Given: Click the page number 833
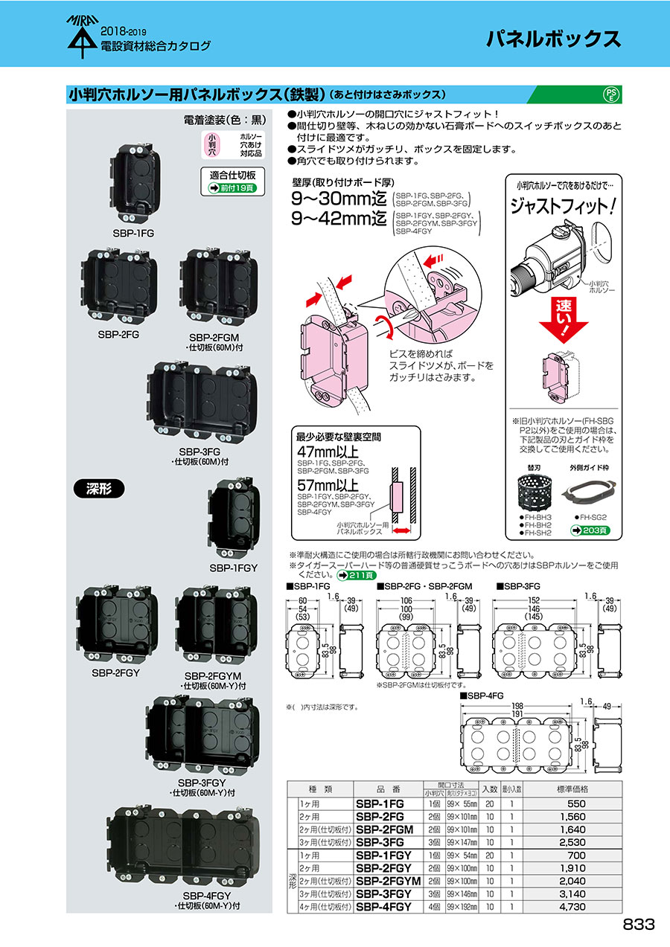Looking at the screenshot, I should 639,924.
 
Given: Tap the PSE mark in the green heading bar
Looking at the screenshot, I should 609,94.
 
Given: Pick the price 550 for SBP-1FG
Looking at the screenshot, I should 576,804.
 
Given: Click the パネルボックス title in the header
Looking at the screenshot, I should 554,39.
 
